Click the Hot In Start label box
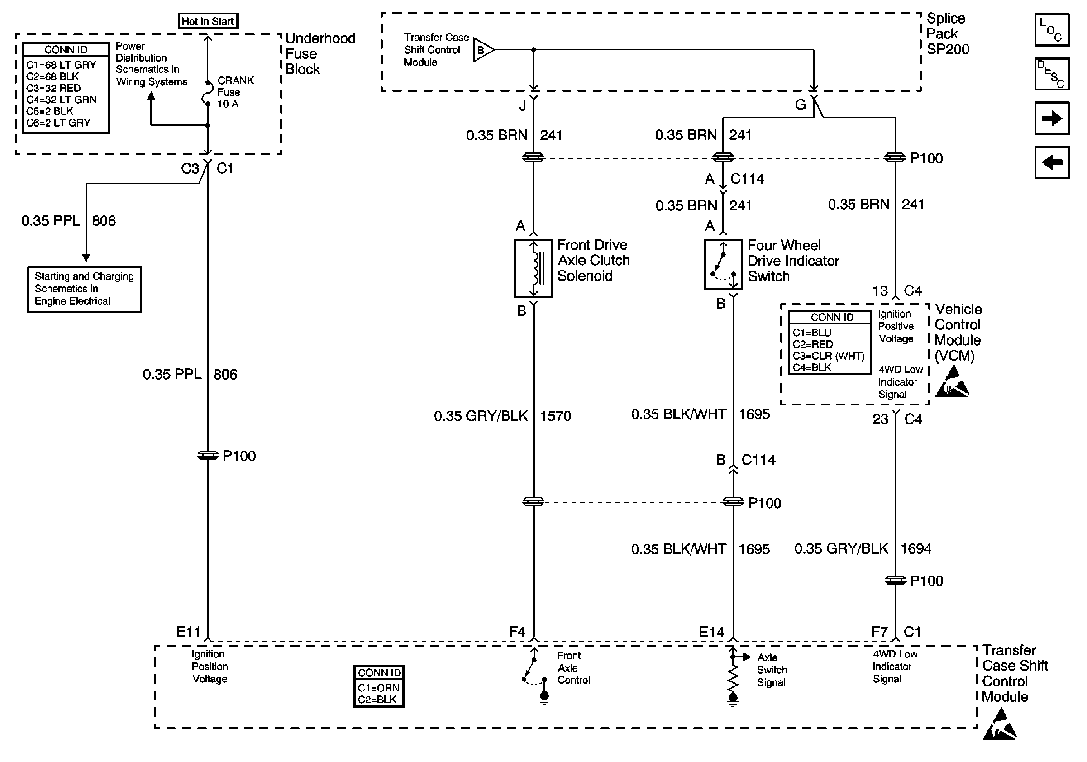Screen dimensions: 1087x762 coord(208,21)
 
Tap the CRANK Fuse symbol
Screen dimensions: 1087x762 coord(207,93)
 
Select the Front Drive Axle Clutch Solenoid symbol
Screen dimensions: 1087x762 coord(534,268)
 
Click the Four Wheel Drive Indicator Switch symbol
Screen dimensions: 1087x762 coord(723,265)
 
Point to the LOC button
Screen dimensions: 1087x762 coord(1052,30)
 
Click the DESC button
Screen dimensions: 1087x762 coord(1052,74)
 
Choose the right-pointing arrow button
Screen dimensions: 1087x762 coord(1052,118)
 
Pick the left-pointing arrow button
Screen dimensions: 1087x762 coord(1052,162)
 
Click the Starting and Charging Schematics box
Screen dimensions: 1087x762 coord(84,289)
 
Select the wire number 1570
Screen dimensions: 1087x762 coord(555,416)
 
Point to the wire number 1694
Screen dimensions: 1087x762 coord(915,548)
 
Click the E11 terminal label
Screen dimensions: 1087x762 coord(189,632)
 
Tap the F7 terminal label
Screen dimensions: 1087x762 coord(880,632)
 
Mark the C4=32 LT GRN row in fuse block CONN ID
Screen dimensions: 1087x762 coord(62,100)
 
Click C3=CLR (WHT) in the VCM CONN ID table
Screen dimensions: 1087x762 coord(829,356)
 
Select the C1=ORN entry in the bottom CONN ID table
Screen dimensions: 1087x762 coord(378,688)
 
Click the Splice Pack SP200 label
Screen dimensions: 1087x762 coord(947,33)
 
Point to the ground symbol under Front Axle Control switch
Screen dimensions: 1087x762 coord(544,698)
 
